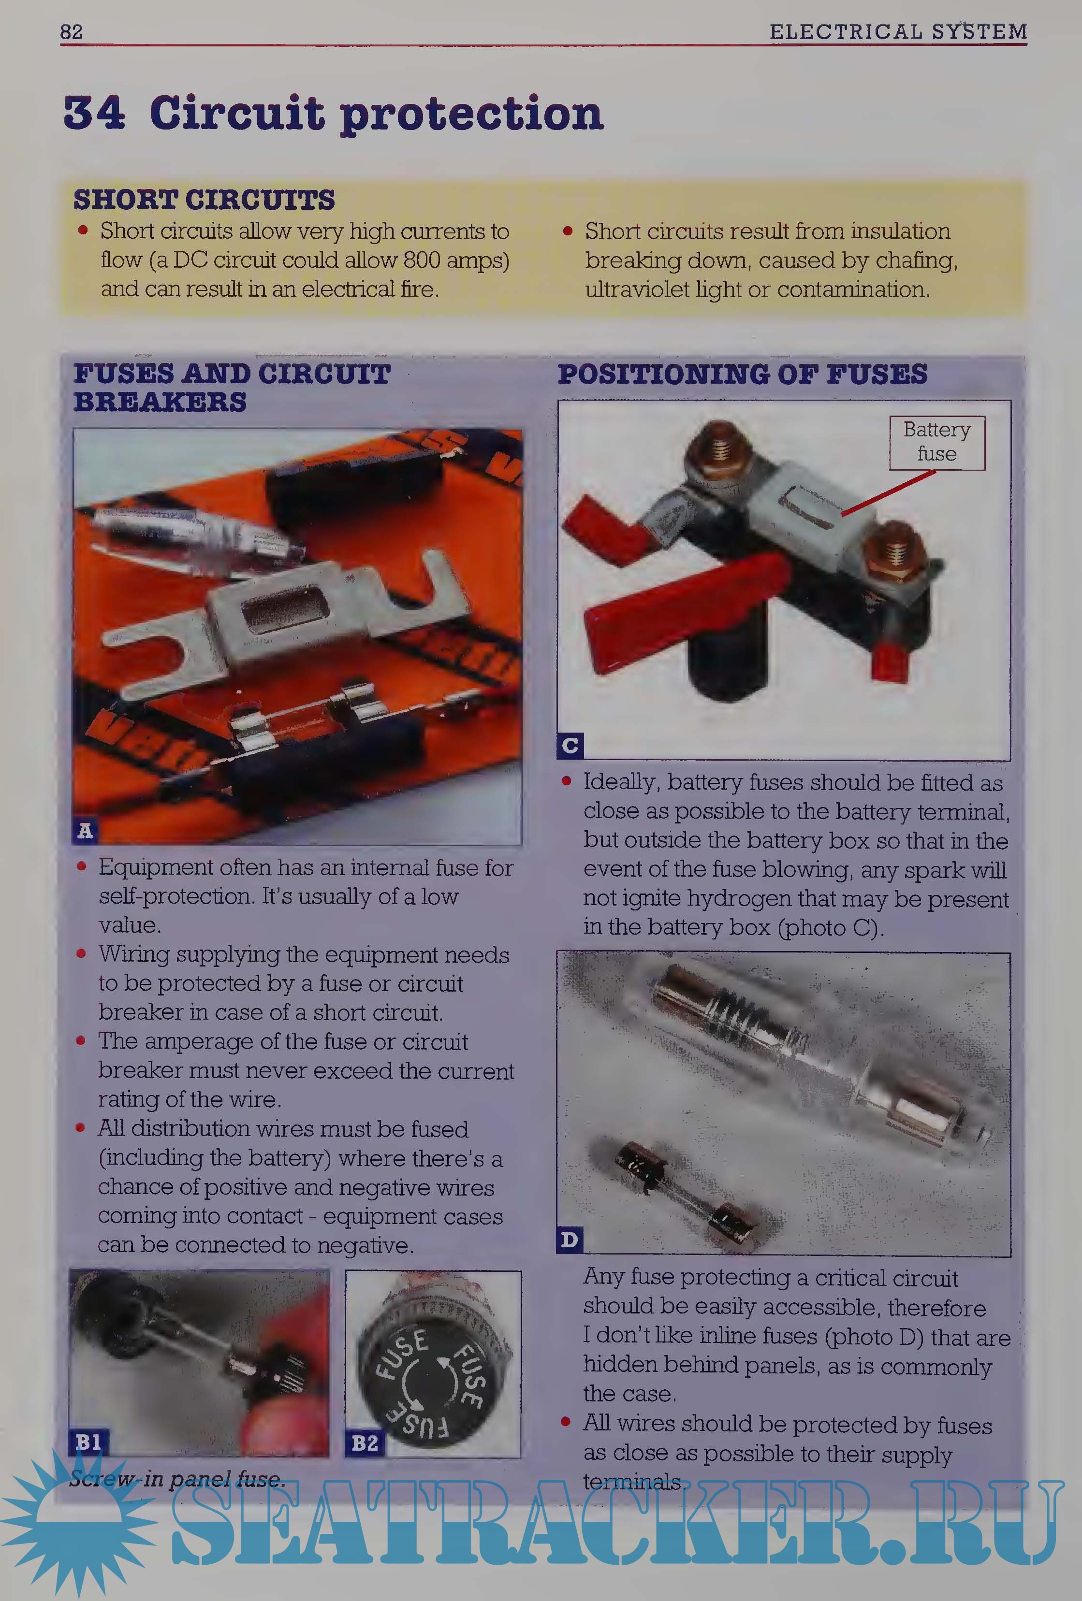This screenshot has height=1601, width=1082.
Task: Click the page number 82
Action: [x=71, y=32]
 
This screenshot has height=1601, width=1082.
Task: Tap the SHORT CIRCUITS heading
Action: [x=204, y=200]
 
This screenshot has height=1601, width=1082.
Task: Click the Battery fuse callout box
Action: [x=936, y=442]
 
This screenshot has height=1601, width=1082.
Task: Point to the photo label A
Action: [x=85, y=830]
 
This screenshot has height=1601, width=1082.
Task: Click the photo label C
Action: [x=570, y=745]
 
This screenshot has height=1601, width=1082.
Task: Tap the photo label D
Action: [x=569, y=1240]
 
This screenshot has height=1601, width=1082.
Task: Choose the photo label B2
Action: [x=365, y=1443]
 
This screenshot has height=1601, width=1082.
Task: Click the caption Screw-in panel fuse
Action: [x=177, y=1478]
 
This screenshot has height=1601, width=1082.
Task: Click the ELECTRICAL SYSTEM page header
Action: [x=898, y=32]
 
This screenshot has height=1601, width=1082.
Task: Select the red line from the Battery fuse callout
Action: [x=888, y=492]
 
